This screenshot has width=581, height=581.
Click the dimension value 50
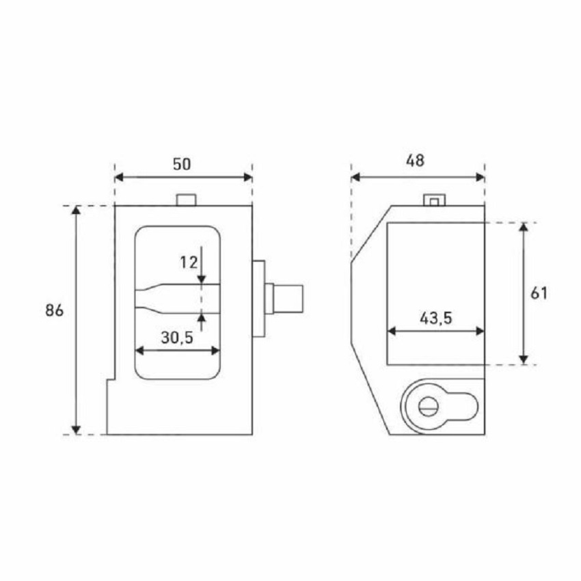tap(182, 164)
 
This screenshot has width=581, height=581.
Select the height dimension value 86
tap(55, 310)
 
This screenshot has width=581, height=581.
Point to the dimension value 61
tap(539, 293)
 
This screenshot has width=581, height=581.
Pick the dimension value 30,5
tap(178, 337)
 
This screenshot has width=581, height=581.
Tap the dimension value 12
tap(189, 262)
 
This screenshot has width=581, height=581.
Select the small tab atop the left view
tap(187, 200)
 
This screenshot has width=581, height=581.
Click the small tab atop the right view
tap(434, 200)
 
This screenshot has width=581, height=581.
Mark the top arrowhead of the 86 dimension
tap(76, 210)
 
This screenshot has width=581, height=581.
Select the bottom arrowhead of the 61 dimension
tap(524, 360)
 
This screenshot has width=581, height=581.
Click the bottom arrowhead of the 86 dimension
tap(76, 429)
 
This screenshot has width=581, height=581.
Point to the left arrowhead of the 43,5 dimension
tap(392, 331)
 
